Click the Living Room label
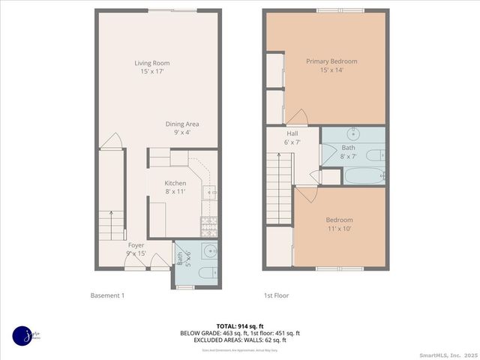click(148, 67)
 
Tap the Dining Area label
click(182, 128)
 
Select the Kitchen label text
click(175, 187)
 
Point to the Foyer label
click(136, 250)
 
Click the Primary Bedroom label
click(331, 66)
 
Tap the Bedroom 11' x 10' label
click(339, 223)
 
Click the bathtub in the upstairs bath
click(364, 176)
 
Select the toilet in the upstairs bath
click(375, 156)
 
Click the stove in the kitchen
click(209, 223)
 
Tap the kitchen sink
click(210, 193)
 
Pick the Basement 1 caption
click(107, 295)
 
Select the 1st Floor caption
click(276, 295)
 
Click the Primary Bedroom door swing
click(296, 118)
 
